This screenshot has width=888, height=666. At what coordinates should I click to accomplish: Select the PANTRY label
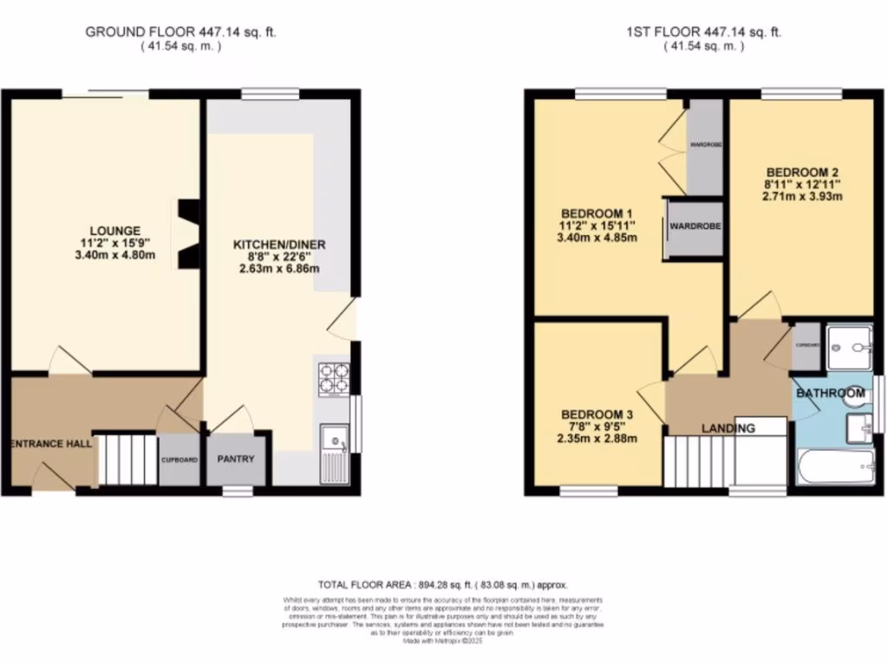point(236,459)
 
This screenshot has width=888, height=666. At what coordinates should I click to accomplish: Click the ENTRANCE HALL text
point(50,443)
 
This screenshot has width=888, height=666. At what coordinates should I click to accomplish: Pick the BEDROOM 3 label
point(598,415)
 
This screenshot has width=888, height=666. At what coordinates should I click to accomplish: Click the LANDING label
point(728,428)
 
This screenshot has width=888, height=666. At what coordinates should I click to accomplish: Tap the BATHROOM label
point(830,394)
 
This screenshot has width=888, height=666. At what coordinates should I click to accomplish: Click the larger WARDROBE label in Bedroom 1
point(695,226)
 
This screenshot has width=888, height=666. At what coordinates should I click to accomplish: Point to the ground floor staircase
point(125,460)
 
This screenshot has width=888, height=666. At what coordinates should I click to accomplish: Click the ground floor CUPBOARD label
point(179,460)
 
